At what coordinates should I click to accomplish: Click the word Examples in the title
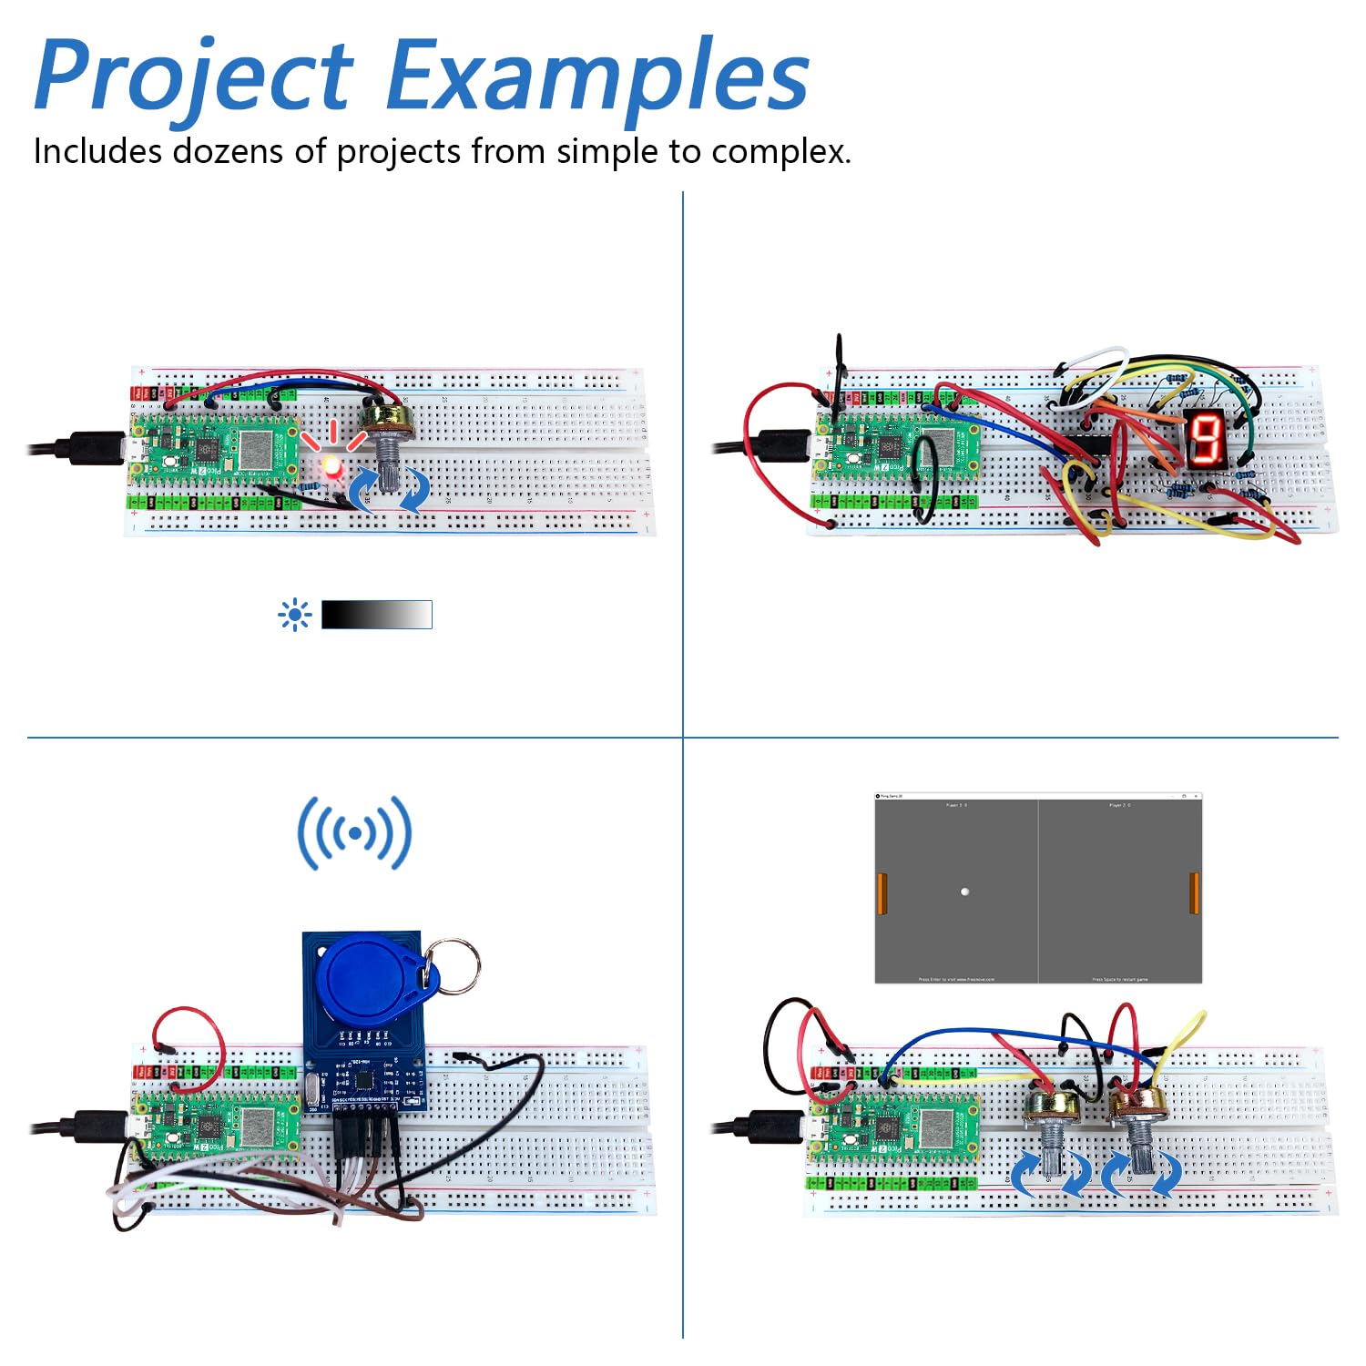point(596,77)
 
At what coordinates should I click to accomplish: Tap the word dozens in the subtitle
point(228,151)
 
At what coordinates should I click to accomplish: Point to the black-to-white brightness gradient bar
point(376,615)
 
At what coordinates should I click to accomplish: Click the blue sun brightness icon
point(294,616)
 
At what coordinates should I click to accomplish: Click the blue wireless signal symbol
point(354,832)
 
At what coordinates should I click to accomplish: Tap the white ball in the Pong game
point(964,892)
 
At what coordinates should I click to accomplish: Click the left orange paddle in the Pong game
point(882,892)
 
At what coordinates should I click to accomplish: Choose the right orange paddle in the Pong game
point(1194,892)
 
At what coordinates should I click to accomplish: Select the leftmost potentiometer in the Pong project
point(1049,1129)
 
